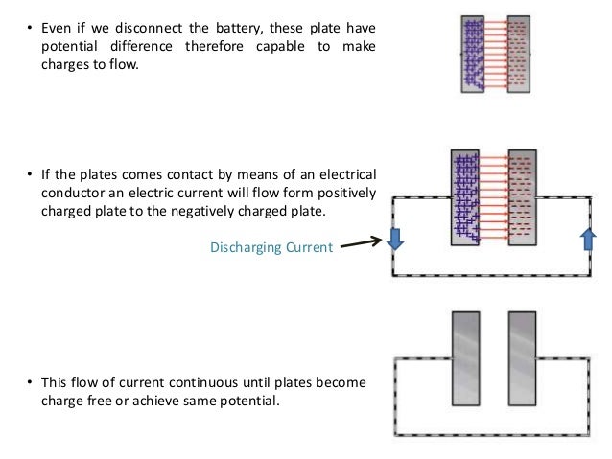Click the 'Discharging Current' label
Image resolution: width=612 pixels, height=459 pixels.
(x=271, y=247)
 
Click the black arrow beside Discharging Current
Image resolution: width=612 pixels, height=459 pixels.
(x=363, y=244)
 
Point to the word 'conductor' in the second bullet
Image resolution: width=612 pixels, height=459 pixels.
(x=69, y=192)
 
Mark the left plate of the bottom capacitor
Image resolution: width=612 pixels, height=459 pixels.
(x=465, y=358)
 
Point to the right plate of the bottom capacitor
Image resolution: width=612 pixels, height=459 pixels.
(x=522, y=358)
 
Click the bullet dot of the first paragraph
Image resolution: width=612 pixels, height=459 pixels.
(x=28, y=29)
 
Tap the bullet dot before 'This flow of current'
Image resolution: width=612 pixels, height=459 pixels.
(x=28, y=383)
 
